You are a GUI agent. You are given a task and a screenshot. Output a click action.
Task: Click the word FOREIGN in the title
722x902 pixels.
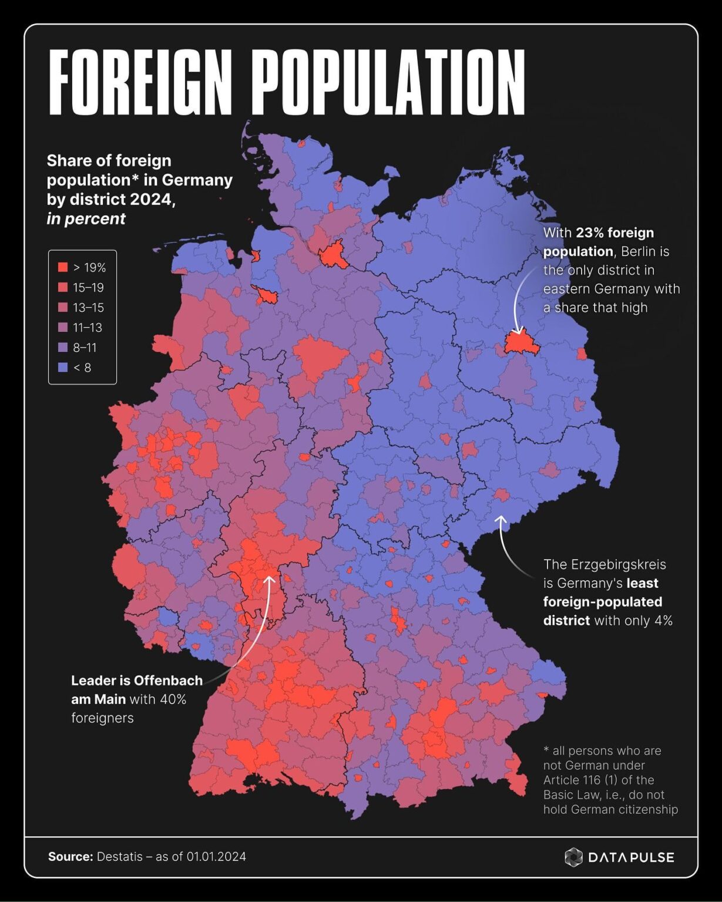tap(140, 82)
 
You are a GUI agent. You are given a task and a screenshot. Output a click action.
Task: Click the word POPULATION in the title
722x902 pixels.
tap(389, 82)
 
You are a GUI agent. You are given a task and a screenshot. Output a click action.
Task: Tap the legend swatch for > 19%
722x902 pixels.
tap(62, 268)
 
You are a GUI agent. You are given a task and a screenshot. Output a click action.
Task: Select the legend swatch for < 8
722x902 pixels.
tap(62, 368)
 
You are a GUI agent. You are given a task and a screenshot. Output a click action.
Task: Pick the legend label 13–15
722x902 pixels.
tap(88, 308)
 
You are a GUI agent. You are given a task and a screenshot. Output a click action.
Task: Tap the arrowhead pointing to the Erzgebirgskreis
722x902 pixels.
tap(501, 519)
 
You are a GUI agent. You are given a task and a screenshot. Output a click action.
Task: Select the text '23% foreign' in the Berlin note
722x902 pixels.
tap(614, 233)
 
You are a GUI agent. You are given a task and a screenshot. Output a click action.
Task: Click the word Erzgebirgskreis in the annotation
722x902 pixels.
tap(605, 564)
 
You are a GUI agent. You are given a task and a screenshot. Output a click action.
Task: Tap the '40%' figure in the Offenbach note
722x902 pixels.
tap(173, 699)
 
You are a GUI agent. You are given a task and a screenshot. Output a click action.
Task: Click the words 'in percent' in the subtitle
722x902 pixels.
tap(86, 219)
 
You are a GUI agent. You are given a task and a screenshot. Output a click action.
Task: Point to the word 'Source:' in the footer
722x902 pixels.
tap(70, 857)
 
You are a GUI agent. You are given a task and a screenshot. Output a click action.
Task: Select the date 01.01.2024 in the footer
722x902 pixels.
tap(216, 857)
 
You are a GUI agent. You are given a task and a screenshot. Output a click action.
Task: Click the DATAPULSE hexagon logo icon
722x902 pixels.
tap(573, 857)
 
